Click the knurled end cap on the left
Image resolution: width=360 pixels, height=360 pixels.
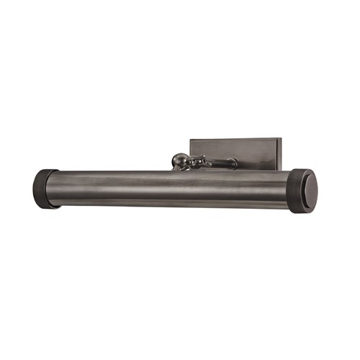pyautogui.click(x=45, y=189)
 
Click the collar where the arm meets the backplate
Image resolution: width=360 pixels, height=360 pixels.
pyautogui.click(x=232, y=163)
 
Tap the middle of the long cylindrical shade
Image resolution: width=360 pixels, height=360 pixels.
pyautogui.click(x=169, y=189)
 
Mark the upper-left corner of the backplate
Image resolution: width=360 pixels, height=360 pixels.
pyautogui.click(x=191, y=140)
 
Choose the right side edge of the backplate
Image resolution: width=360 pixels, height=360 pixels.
pyautogui.click(x=282, y=154)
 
